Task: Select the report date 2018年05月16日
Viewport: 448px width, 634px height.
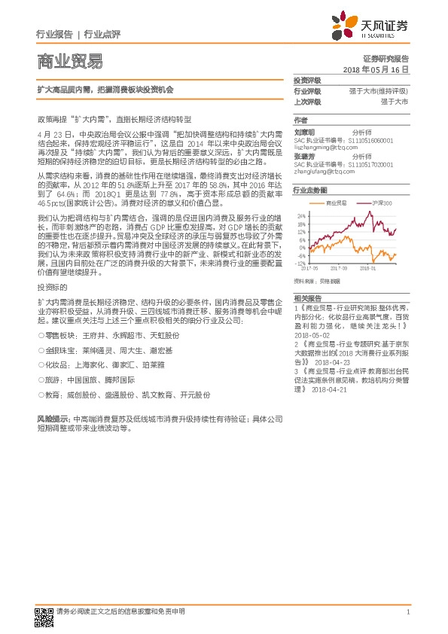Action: tap(376, 69)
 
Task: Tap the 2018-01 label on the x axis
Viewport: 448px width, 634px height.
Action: tap(367, 268)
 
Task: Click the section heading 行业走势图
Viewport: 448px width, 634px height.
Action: tap(311, 191)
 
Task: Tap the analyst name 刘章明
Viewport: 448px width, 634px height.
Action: tap(304, 130)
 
